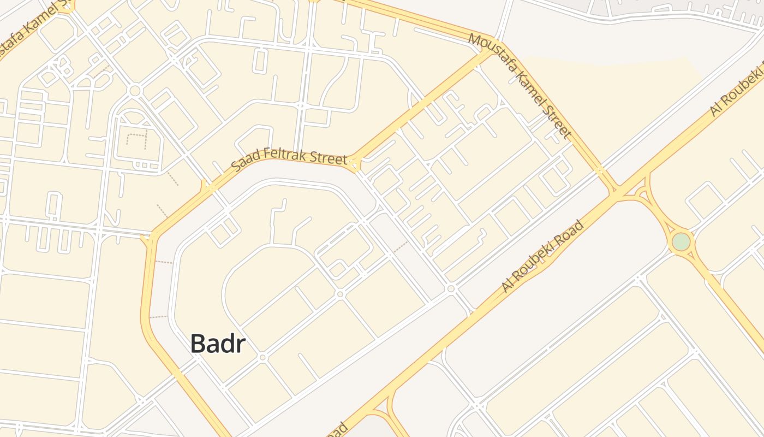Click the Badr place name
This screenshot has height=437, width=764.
(218, 344)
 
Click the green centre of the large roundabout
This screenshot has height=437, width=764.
(681, 241)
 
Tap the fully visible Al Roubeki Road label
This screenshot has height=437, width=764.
(542, 256)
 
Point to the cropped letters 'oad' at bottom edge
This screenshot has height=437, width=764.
(338, 430)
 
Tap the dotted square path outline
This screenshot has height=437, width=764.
(137, 141)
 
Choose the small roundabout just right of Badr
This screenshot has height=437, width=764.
(262, 357)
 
